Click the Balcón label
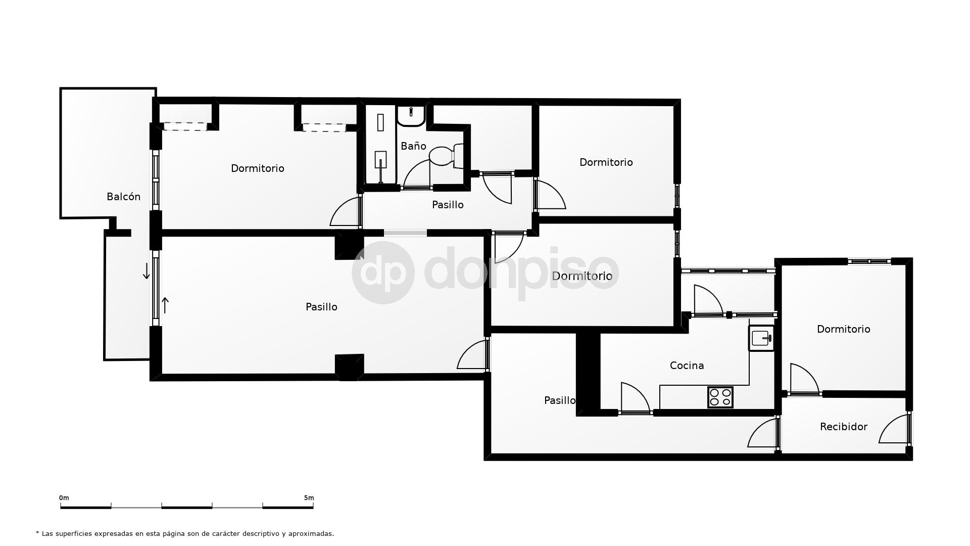(x=123, y=197)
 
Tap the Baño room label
(x=413, y=146)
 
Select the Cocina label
(x=687, y=366)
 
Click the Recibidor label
(x=843, y=427)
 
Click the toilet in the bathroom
(x=444, y=155)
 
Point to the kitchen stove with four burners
(x=720, y=397)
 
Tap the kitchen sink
(x=761, y=338)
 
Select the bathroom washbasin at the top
(x=411, y=116)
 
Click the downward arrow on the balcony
(x=147, y=271)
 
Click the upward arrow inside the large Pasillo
(x=165, y=305)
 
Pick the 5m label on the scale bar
(x=309, y=498)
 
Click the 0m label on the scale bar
(x=64, y=498)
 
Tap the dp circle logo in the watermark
(x=383, y=272)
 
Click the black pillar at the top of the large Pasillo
(x=348, y=246)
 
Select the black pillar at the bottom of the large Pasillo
(x=349, y=367)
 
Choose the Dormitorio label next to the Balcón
(x=257, y=168)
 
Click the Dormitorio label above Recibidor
(x=843, y=329)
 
